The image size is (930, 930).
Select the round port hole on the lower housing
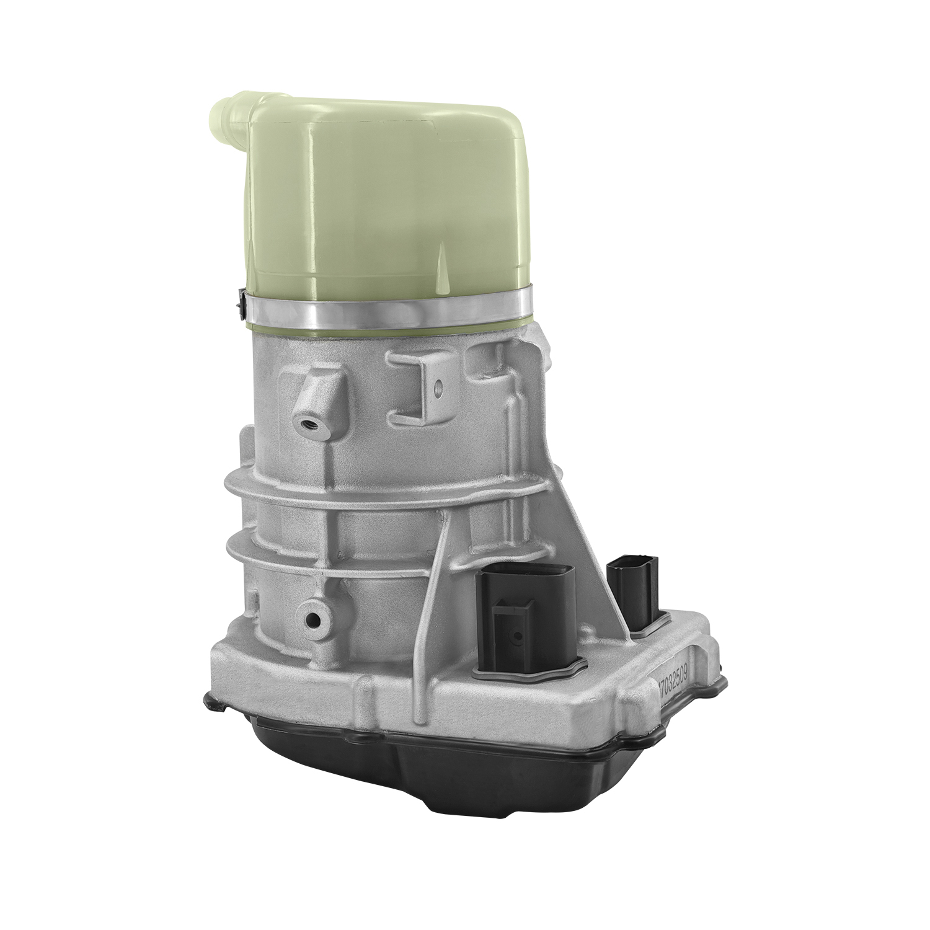311,619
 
